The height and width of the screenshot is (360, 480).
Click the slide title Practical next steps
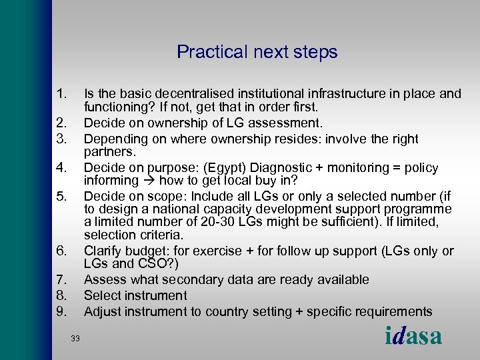click(257, 52)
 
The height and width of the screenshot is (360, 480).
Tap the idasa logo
click(413, 336)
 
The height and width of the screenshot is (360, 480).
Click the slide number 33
click(75, 339)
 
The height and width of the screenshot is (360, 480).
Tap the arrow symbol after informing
click(148, 180)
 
